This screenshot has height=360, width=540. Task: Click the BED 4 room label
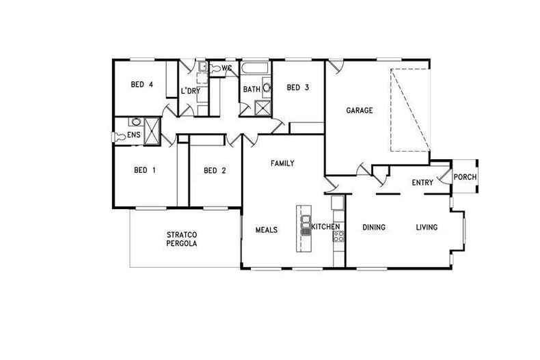(x=141, y=84)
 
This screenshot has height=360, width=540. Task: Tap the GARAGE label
(x=359, y=111)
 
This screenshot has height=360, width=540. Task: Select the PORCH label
(x=465, y=177)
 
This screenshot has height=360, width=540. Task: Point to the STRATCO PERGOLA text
(x=182, y=239)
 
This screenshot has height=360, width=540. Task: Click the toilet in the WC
(x=215, y=68)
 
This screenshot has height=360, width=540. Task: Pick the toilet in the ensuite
(x=119, y=137)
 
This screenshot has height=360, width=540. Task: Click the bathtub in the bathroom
(x=254, y=68)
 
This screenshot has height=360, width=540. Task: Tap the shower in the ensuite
(x=152, y=130)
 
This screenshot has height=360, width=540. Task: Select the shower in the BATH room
(x=262, y=109)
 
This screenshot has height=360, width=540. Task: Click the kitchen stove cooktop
(x=338, y=236)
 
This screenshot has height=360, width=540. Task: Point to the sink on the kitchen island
(x=306, y=222)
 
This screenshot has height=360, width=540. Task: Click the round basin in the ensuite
(x=136, y=122)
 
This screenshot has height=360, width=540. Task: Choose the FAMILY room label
(x=282, y=163)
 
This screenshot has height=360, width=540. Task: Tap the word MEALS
(x=267, y=230)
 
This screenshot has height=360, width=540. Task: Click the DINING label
(x=374, y=227)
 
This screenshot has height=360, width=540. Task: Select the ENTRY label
(x=422, y=182)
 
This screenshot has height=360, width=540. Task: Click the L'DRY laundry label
(x=191, y=92)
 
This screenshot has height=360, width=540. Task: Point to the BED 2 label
(x=215, y=170)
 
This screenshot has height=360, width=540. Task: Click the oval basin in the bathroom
(x=267, y=87)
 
